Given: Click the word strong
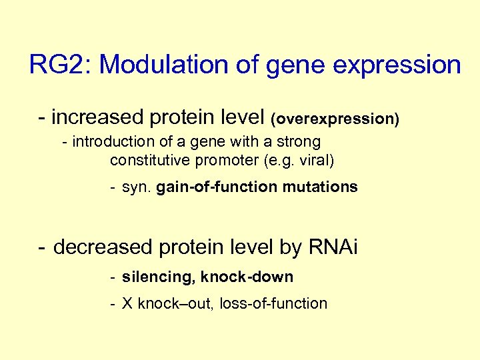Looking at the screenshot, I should tap(299, 143).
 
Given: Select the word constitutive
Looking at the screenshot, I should tap(151, 161).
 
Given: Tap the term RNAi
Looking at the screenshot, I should tap(333, 247).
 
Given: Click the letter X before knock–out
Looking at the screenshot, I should tap(127, 304).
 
